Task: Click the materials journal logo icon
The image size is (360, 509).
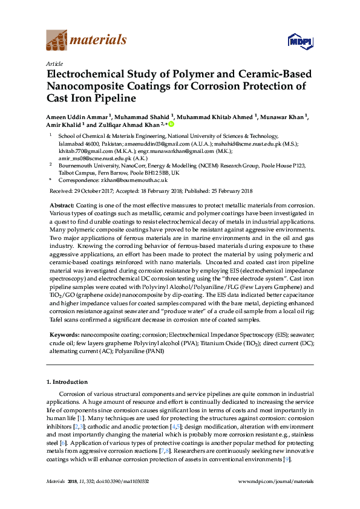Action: click(x=57, y=41)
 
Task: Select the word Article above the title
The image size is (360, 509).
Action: click(x=54, y=63)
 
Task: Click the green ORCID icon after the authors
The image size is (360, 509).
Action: click(x=171, y=124)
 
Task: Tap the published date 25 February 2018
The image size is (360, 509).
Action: click(x=226, y=191)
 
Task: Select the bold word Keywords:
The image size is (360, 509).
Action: click(x=63, y=334)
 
